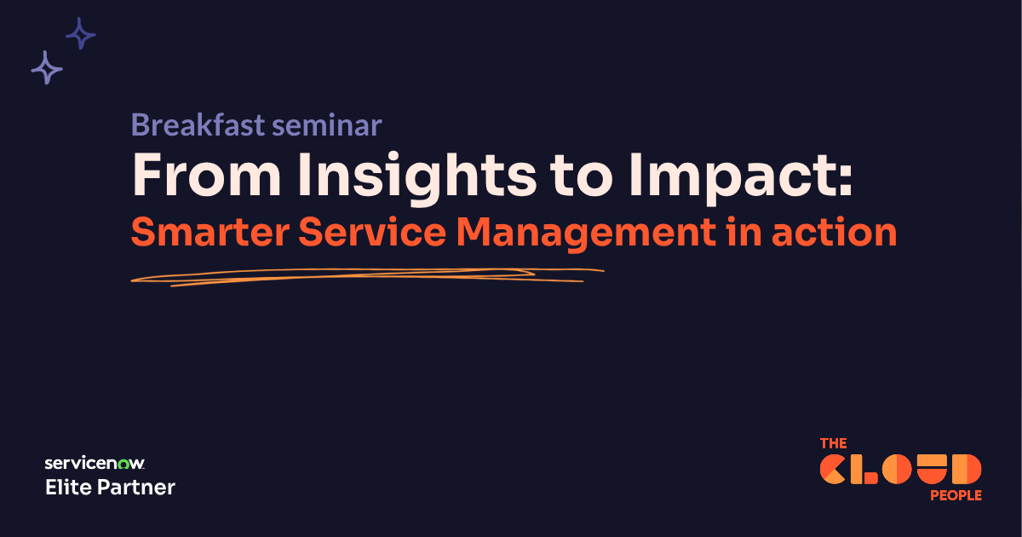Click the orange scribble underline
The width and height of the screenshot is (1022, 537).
[x=366, y=275]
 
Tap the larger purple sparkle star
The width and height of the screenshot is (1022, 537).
[x=47, y=67]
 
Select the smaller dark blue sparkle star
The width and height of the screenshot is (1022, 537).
[x=81, y=34]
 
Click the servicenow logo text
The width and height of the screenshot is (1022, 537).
[x=95, y=464]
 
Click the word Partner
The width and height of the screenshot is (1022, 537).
[x=136, y=488]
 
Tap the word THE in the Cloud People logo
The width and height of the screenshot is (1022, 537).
[x=833, y=443]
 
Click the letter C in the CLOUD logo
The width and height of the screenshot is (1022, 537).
[x=835, y=470]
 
